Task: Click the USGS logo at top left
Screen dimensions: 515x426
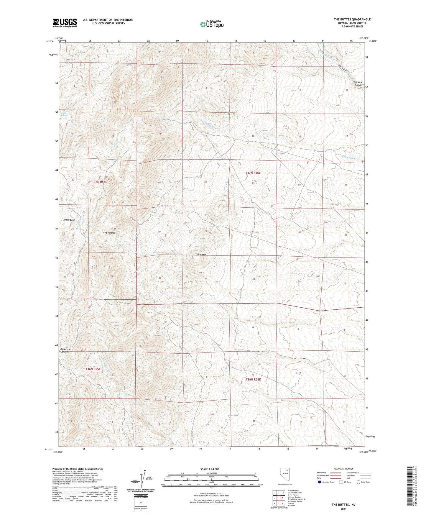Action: [x=65, y=22]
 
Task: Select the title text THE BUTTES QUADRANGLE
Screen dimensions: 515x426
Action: [x=352, y=19]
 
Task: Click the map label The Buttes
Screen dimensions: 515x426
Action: [x=200, y=255]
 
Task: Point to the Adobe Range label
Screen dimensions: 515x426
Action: [x=109, y=233]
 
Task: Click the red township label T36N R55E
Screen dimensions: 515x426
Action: [x=93, y=369]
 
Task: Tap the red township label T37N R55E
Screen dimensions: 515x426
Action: [x=99, y=182]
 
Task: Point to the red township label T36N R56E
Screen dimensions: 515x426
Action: [x=254, y=379]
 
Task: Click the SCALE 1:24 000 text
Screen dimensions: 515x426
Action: [x=211, y=469]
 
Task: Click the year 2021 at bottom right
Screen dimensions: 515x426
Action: [x=343, y=509]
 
